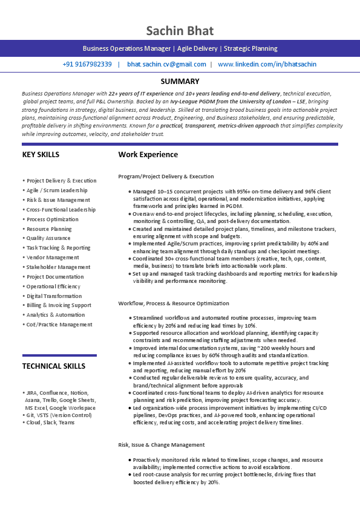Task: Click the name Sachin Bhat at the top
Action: pos(180,31)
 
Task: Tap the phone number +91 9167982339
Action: pos(87,64)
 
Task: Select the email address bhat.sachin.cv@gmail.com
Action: pos(166,64)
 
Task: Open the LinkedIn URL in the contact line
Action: pos(267,64)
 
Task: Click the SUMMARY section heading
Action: pos(180,82)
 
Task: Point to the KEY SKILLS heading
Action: pos(41,155)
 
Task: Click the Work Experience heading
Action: pos(148,155)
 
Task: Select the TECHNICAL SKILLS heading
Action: pos(54,366)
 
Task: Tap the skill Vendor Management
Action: pos(53,258)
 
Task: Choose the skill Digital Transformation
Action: pos(54,296)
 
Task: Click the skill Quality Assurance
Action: pos(48,238)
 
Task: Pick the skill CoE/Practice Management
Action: pos(59,325)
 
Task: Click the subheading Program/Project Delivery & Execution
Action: pos(166,177)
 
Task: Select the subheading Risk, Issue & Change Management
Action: pos(161,445)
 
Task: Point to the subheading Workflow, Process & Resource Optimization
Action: pos(174,303)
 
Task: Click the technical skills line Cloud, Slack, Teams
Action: pos(50,423)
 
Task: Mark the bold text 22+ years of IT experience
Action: pos(140,94)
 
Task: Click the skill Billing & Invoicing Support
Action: pos(59,305)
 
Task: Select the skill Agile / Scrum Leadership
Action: pos(57,190)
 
